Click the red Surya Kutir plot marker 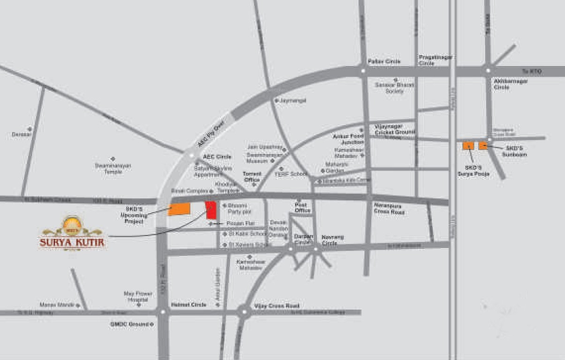211,210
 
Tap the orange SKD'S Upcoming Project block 180,210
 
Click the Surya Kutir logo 72,233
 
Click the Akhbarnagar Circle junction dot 488,71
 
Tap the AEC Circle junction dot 191,155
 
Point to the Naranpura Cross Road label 389,208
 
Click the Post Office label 303,208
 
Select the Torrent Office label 252,176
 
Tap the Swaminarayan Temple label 113,168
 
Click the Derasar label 21,135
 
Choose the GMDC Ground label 129,324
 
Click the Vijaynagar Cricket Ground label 395,129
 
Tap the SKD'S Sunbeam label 514,151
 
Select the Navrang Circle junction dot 315,248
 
